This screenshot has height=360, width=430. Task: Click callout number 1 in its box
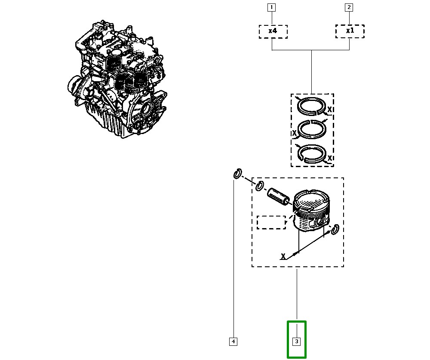pyautogui.click(x=271, y=7)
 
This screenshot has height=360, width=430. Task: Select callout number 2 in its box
pyautogui.click(x=349, y=7)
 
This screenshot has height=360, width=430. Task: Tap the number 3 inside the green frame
pyautogui.click(x=296, y=342)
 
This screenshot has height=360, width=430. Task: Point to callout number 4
pyautogui.click(x=233, y=342)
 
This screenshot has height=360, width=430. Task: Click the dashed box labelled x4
pyautogui.click(x=273, y=31)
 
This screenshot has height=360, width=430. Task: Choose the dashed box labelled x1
pyautogui.click(x=350, y=31)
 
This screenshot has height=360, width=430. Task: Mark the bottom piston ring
pyautogui.click(x=312, y=154)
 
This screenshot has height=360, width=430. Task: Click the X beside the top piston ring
pyautogui.click(x=329, y=110)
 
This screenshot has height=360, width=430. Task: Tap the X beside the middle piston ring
pyautogui.click(x=295, y=134)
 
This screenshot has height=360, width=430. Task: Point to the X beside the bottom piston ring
pyautogui.click(x=329, y=159)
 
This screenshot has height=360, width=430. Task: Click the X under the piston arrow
pyautogui.click(x=283, y=256)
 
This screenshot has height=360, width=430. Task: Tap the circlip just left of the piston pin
pyautogui.click(x=259, y=186)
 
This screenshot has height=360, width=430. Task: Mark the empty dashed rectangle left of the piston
pyautogui.click(x=271, y=222)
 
